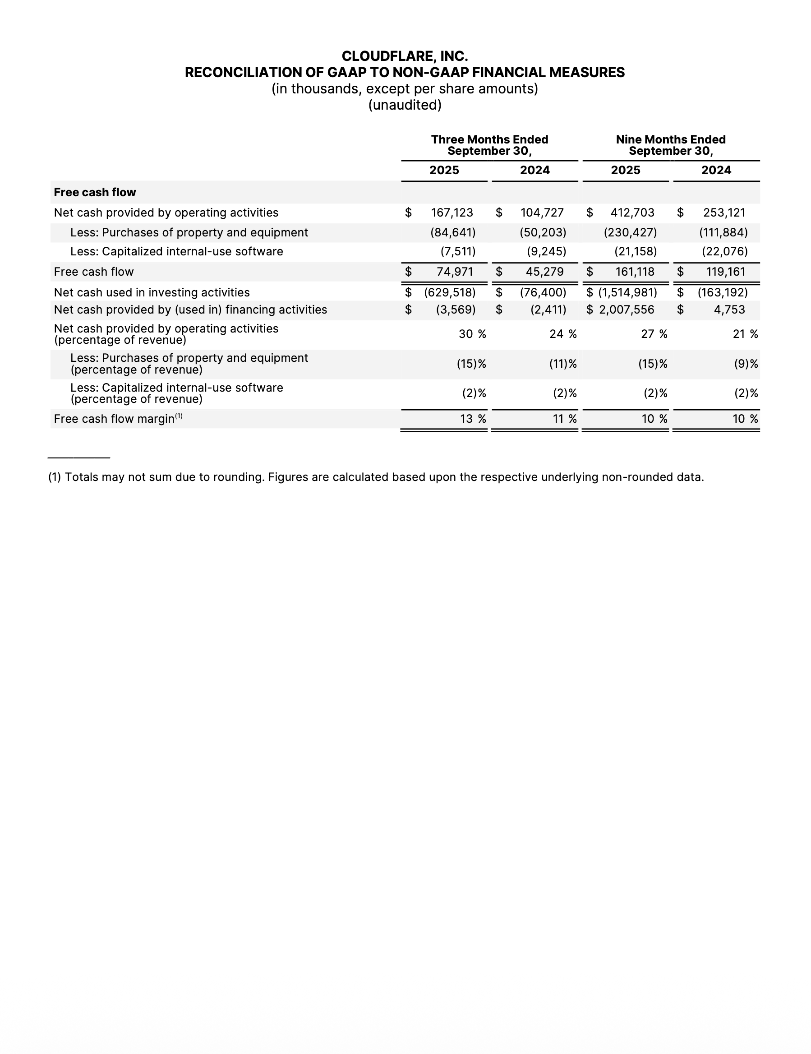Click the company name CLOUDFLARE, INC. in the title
pyautogui.click(x=405, y=56)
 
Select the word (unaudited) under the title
pyautogui.click(x=405, y=105)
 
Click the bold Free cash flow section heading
pyautogui.click(x=95, y=193)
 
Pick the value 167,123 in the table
pyautogui.click(x=452, y=213)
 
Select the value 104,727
pyautogui.click(x=542, y=213)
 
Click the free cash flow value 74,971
pyautogui.click(x=455, y=272)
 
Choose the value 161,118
pyautogui.click(x=635, y=272)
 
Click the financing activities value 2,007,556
pyautogui.click(x=627, y=310)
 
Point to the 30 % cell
pyautogui.click(x=472, y=334)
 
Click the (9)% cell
pyautogui.click(x=746, y=364)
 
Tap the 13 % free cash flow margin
pyautogui.click(x=472, y=419)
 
